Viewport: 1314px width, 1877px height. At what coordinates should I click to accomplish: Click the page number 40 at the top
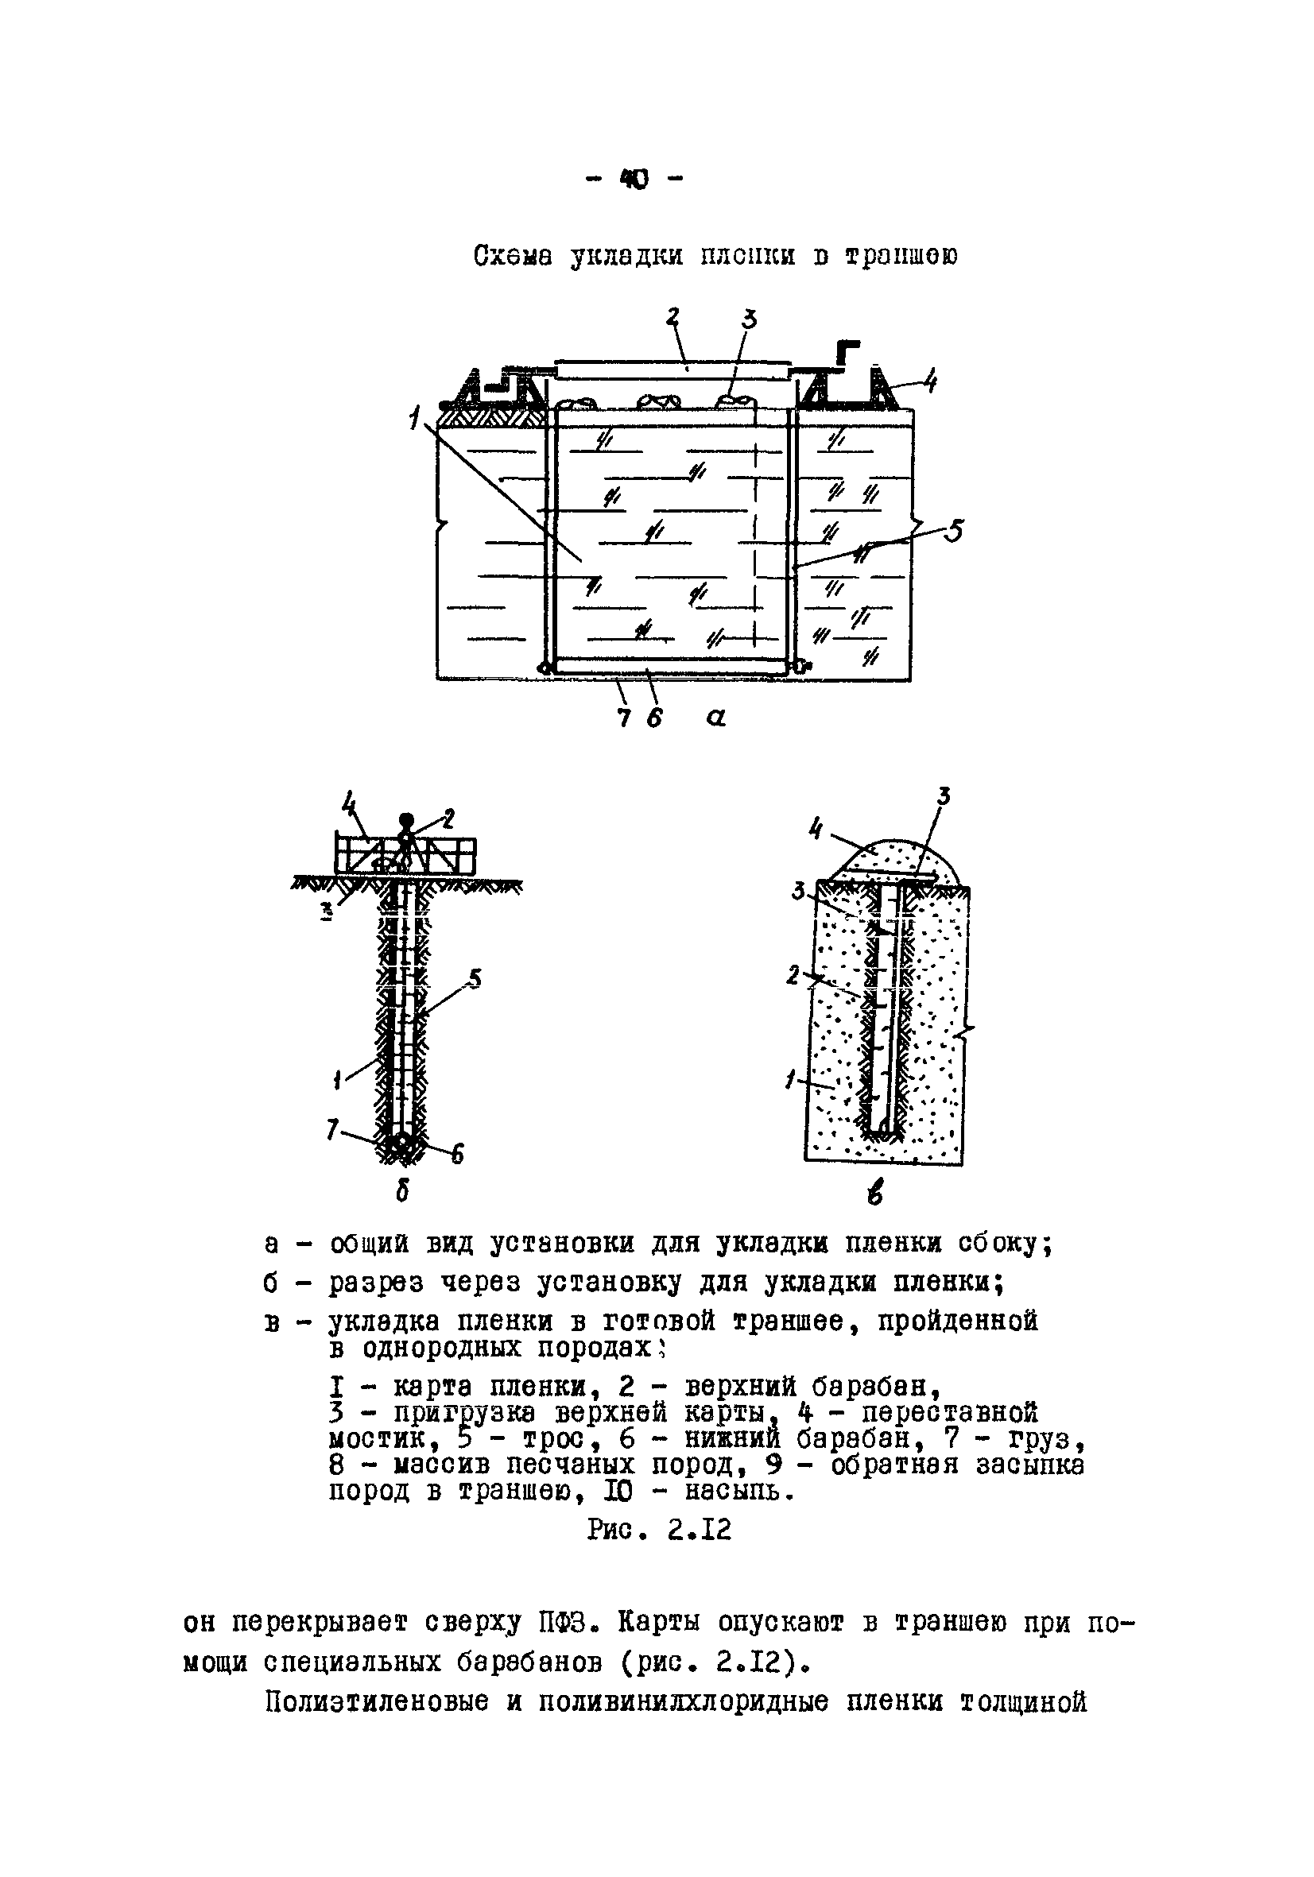[635, 179]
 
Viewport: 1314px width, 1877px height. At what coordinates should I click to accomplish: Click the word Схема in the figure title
[513, 256]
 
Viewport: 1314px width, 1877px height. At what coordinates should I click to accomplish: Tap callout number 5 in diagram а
[952, 532]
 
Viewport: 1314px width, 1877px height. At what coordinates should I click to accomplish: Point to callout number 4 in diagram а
[931, 381]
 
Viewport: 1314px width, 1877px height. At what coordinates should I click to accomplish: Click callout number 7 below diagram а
[625, 718]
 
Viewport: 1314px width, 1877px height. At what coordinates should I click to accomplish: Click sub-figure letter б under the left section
[402, 1193]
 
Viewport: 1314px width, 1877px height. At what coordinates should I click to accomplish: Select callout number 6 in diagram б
[457, 1154]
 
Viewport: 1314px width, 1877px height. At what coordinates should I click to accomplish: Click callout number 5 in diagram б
[475, 978]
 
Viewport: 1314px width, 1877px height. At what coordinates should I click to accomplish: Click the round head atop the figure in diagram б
[405, 820]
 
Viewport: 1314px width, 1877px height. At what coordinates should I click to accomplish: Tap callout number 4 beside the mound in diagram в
[816, 829]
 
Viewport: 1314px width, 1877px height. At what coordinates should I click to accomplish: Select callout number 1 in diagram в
[791, 1081]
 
